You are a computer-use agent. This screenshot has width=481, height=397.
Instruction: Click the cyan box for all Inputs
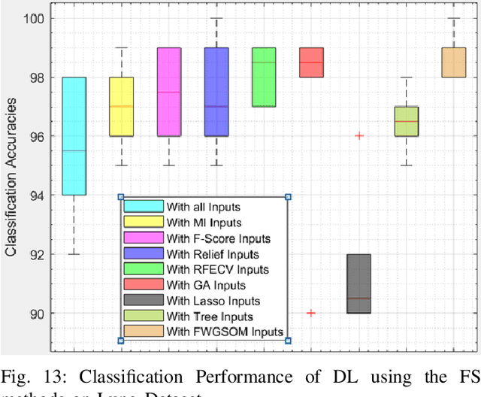click(x=74, y=136)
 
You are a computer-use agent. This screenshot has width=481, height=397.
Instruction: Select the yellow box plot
click(x=121, y=107)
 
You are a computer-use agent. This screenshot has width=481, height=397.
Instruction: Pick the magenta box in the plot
click(x=168, y=92)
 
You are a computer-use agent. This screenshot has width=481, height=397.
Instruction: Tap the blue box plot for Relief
click(x=216, y=92)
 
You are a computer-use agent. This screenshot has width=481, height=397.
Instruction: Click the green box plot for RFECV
click(x=264, y=77)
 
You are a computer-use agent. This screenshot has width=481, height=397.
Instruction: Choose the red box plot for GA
click(x=311, y=62)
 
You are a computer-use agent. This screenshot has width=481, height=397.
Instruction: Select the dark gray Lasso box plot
click(x=358, y=283)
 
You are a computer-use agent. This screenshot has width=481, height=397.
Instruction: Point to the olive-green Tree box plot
click(x=407, y=121)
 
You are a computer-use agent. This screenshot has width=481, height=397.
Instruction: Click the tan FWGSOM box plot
click(x=453, y=62)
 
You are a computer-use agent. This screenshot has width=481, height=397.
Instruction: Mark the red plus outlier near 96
click(x=358, y=136)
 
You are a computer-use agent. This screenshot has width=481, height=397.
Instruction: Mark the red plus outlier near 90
click(x=311, y=313)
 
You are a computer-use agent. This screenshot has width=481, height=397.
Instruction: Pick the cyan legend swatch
click(x=144, y=206)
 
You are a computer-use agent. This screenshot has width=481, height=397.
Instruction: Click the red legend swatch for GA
click(x=144, y=284)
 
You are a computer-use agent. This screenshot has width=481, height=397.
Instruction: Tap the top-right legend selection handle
click(x=288, y=197)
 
